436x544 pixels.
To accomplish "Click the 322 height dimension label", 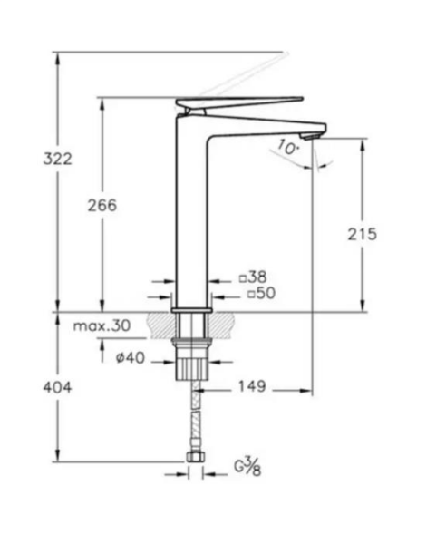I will [x=57, y=158].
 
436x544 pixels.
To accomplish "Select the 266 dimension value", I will [x=102, y=205].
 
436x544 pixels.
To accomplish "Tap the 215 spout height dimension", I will [x=362, y=233].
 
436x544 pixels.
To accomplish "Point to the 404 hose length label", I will [x=57, y=387].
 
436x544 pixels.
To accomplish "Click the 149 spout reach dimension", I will [x=251, y=388].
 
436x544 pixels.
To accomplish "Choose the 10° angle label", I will [x=287, y=145].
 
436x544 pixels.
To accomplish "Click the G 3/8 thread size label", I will [x=247, y=468].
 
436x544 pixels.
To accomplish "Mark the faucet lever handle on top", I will [x=240, y=102].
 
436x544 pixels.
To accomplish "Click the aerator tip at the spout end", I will [x=311, y=136].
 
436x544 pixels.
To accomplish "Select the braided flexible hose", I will [x=193, y=417].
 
